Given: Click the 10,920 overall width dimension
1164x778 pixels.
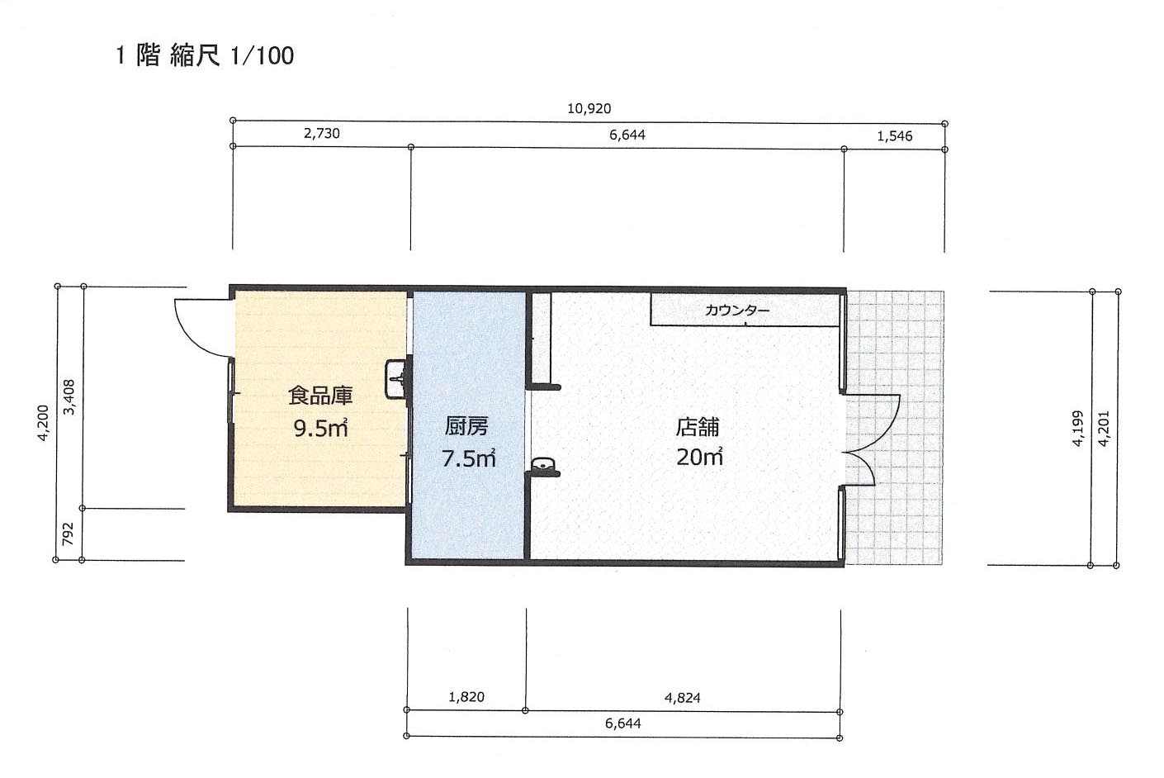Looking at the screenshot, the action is tap(589, 109).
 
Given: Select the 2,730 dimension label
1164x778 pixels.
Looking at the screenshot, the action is tap(322, 134).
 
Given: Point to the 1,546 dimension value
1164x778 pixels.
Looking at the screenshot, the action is tap(894, 136).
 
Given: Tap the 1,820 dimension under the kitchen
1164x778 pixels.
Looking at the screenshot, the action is tap(466, 697).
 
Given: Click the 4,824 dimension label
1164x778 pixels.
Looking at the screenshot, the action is tap(682, 698).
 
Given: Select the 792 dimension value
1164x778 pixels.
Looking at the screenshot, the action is tap(68, 534).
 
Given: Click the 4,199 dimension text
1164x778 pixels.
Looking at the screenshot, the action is tap(1077, 429).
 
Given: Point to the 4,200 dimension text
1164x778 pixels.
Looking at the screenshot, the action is tap(43, 423).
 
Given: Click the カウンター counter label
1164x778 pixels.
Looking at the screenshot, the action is tap(737, 311).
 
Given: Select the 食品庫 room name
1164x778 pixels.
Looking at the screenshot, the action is tap(320, 396).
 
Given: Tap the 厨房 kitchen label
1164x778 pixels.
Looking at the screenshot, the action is tap(466, 427).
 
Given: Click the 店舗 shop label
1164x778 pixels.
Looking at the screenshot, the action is tap(698, 427).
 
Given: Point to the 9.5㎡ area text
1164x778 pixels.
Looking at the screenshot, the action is tap(320, 429).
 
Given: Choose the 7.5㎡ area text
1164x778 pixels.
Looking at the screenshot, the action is tap(468, 458).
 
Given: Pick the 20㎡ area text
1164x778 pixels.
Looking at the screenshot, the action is tap(699, 456).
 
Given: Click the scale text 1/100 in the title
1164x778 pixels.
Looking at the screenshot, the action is tap(262, 55).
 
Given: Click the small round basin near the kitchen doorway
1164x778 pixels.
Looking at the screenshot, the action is tap(543, 464).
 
